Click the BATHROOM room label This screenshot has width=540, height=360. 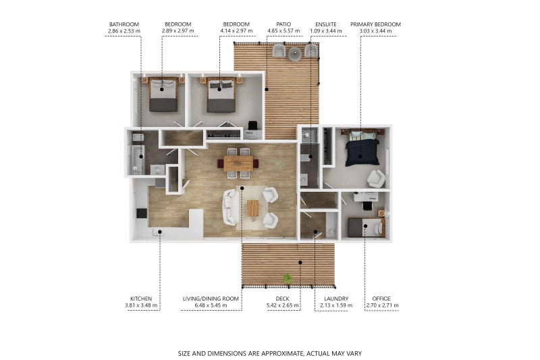pyautogui.click(x=124, y=24)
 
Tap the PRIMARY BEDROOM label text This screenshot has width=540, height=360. pyautogui.click(x=375, y=24)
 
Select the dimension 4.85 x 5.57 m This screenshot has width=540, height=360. pyautogui.click(x=283, y=31)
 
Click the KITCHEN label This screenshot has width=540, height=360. pyautogui.click(x=141, y=299)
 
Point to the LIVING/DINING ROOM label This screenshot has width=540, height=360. pyautogui.click(x=211, y=299)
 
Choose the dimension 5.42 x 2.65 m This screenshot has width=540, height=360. pyautogui.click(x=282, y=305)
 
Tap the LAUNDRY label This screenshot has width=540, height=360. pyautogui.click(x=336, y=299)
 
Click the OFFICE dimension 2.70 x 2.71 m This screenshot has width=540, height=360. pyautogui.click(x=382, y=305)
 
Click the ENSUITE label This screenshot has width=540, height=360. pyautogui.click(x=326, y=24)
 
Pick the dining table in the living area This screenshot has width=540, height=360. pyautogui.click(x=238, y=163)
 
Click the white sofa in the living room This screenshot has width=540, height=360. pyautogui.click(x=231, y=207)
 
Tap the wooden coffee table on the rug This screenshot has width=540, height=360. pyautogui.click(x=252, y=209)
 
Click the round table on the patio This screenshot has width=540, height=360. pyautogui.click(x=295, y=53)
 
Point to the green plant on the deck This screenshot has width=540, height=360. pyautogui.click(x=287, y=278)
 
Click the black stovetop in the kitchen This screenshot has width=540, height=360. pyautogui.click(x=142, y=213)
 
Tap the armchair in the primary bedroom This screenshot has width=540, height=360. pyautogui.click(x=376, y=178)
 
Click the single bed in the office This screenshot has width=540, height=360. pyautogui.click(x=365, y=228)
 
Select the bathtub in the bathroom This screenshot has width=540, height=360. pyautogui.click(x=137, y=160)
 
